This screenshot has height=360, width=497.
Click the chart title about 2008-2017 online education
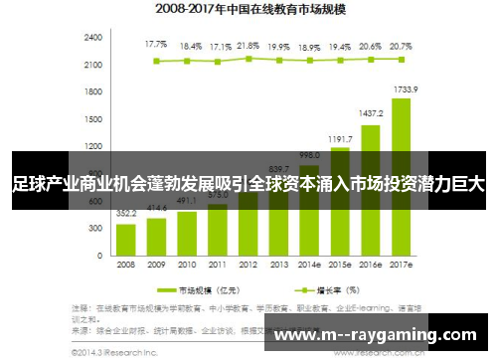click(x=249, y=11)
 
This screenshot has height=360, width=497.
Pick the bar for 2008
click(x=126, y=239)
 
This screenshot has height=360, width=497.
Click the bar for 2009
click(x=156, y=236)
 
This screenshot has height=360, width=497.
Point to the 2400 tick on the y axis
click(x=93, y=37)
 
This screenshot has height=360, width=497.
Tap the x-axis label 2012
click(x=248, y=266)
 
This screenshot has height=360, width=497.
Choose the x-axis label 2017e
click(x=402, y=266)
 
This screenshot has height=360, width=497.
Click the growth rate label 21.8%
click(x=248, y=46)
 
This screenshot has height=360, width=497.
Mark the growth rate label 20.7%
click(x=402, y=46)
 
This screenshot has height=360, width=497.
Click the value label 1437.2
click(x=371, y=114)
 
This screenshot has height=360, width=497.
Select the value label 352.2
click(x=126, y=213)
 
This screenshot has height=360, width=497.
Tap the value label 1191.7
click(x=340, y=138)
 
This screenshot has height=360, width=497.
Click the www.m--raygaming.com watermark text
click(x=374, y=335)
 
